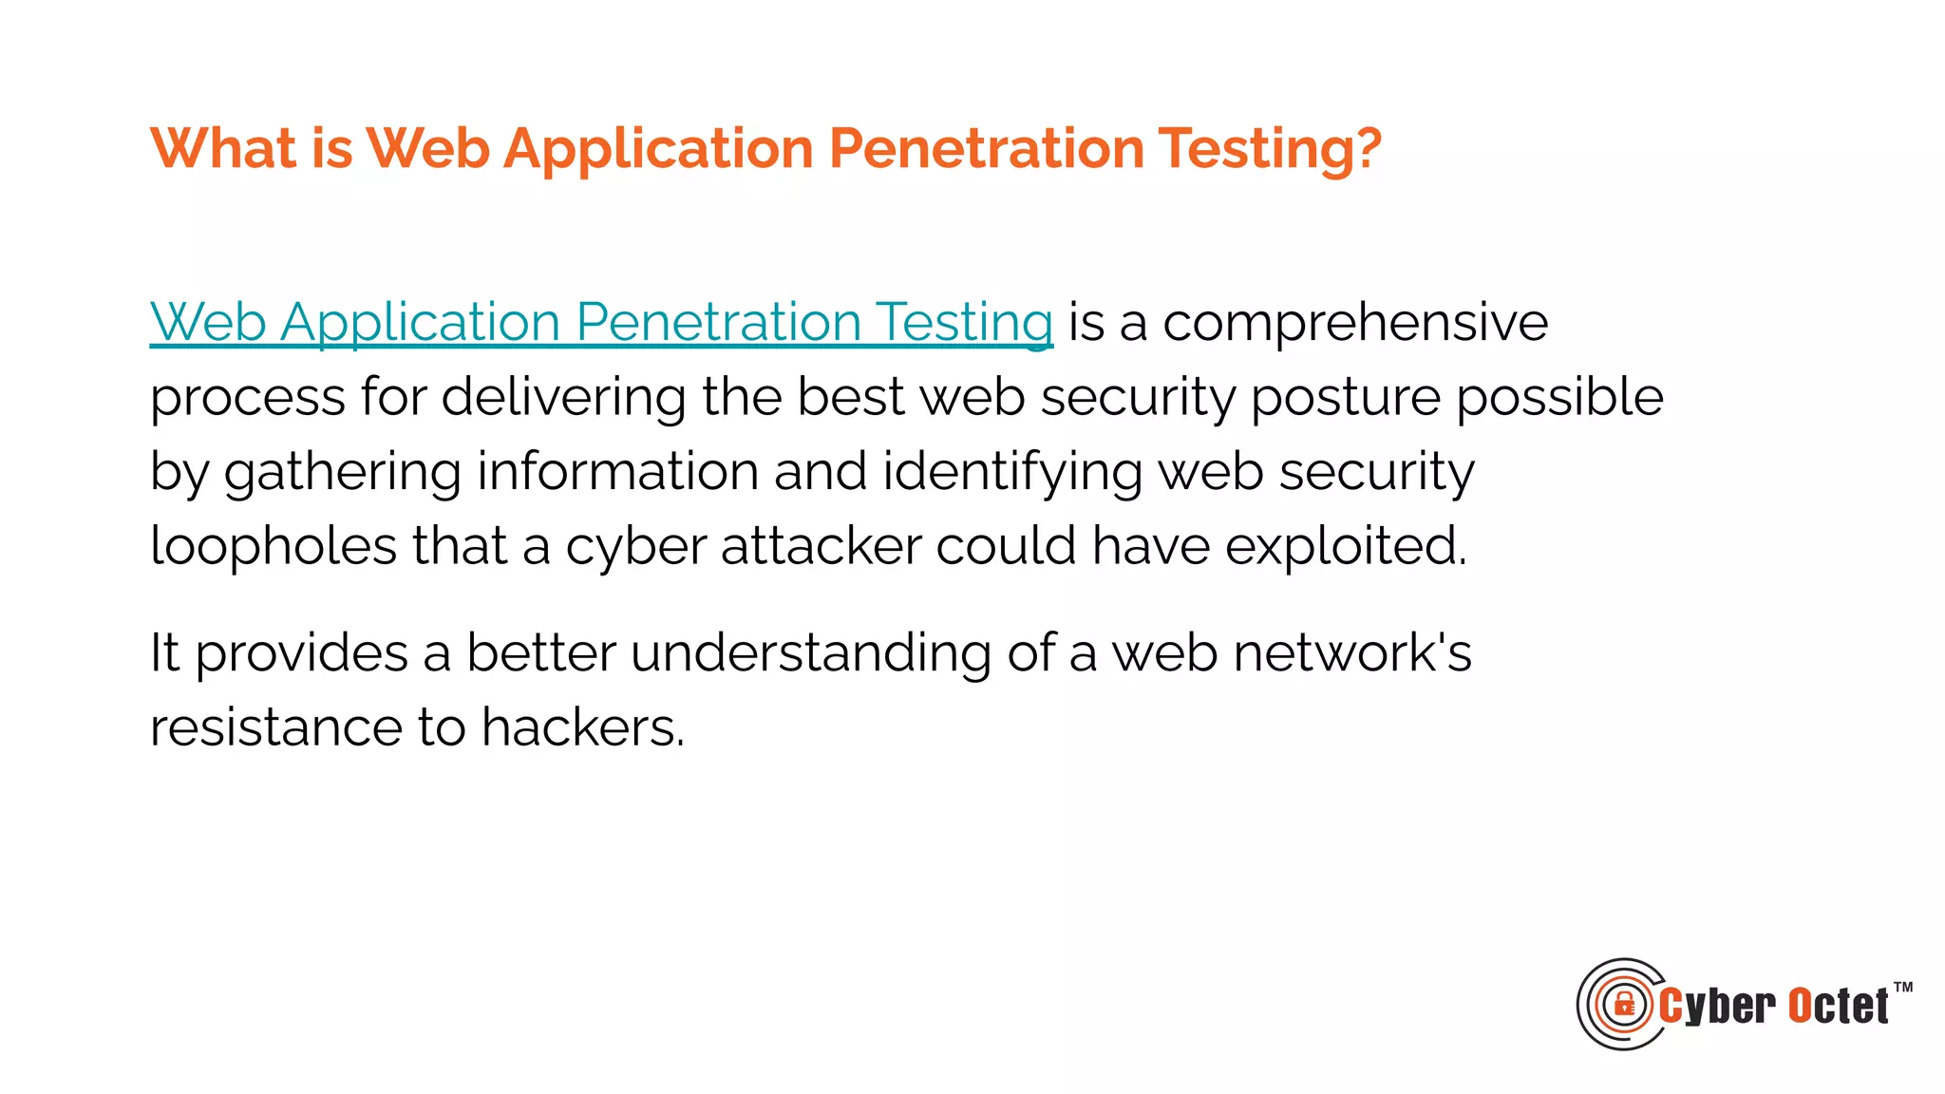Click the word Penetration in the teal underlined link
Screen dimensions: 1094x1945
point(718,322)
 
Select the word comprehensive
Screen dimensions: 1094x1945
point(1355,324)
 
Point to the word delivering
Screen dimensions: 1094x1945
point(563,397)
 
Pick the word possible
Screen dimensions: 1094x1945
point(1559,397)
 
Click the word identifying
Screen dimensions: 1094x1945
point(1011,473)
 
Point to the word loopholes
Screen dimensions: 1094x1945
point(274,547)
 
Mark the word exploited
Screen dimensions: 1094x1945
point(1345,547)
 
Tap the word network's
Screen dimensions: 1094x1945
point(1351,653)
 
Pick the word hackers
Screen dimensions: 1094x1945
point(582,728)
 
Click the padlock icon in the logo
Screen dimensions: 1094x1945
point(1624,1004)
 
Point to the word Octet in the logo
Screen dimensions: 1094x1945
point(1839,1007)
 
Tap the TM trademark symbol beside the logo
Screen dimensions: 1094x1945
point(1903,988)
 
